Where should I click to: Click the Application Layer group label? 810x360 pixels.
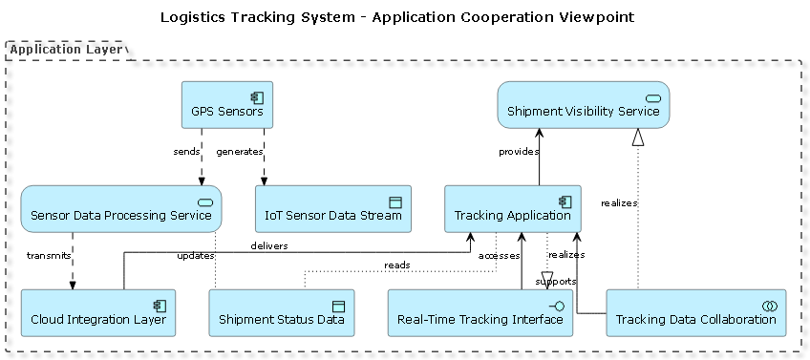(x=66, y=49)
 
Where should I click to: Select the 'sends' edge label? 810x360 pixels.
(x=186, y=151)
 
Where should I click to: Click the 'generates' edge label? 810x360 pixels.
(x=239, y=151)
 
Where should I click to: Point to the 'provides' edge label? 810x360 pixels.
(x=519, y=151)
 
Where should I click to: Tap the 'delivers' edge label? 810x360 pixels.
(x=269, y=245)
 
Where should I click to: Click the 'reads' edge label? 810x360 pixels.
(x=397, y=264)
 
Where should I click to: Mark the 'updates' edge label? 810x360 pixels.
(x=195, y=255)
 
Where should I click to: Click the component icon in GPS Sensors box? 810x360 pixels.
(x=257, y=96)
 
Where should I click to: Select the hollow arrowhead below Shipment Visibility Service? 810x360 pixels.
(x=638, y=138)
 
